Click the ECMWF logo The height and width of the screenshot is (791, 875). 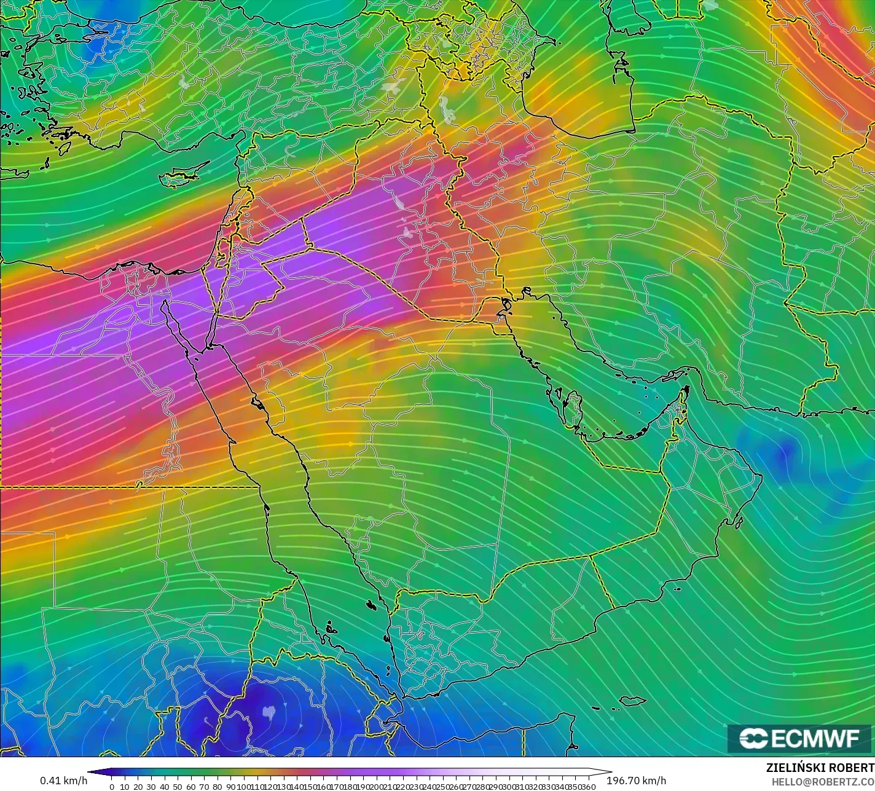point(799,739)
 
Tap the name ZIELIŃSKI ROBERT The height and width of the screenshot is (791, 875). point(820,768)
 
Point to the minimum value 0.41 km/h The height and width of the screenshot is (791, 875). point(63,781)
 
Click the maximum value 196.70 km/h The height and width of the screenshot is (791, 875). point(636,781)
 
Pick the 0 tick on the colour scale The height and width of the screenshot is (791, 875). point(111,787)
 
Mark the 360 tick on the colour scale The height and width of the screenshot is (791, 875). point(589,787)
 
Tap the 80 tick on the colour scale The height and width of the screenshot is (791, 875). point(218,787)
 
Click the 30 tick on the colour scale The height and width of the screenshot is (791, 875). point(151,787)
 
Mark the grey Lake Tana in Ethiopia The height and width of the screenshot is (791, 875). point(268,713)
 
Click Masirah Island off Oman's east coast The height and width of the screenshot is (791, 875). point(737,521)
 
